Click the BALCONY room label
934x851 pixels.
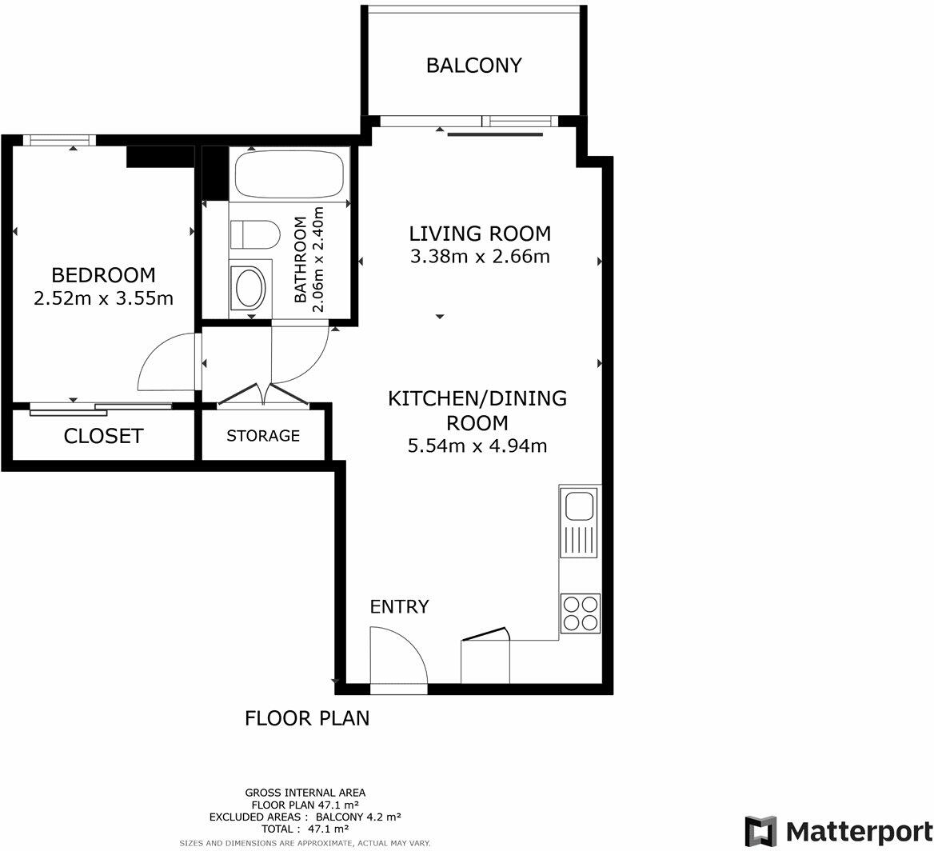473,66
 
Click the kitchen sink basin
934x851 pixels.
579,506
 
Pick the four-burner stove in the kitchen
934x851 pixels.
580,613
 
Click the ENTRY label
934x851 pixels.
399,607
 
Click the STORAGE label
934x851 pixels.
263,436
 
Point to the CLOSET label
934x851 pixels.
103,436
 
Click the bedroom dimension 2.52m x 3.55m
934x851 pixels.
103,299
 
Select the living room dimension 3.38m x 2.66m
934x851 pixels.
480,257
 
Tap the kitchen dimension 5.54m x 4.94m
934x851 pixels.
477,446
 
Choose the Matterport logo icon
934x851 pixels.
760,831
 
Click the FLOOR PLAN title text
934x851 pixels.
307,718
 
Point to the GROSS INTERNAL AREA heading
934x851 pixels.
305,793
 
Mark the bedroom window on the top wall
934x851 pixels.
59,140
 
